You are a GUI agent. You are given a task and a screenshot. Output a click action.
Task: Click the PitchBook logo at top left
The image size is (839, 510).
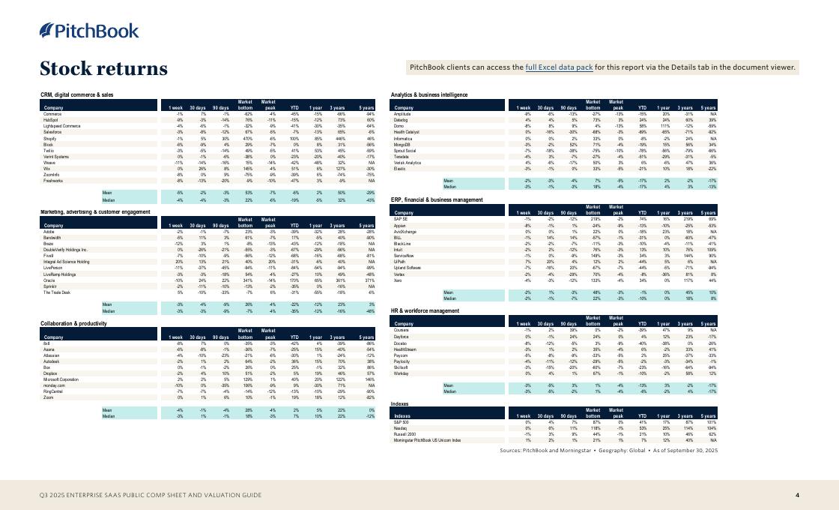[89, 31]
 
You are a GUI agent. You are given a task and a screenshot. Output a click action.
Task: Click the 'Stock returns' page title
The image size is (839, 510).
[103, 69]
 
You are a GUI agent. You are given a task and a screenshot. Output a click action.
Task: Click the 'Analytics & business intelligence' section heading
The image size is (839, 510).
[429, 95]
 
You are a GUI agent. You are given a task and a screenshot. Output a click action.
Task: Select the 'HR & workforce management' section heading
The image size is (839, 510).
[425, 310]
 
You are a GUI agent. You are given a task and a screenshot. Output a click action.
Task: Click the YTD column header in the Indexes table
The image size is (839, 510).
[641, 415]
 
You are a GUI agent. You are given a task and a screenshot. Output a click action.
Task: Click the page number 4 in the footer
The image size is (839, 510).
[797, 495]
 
